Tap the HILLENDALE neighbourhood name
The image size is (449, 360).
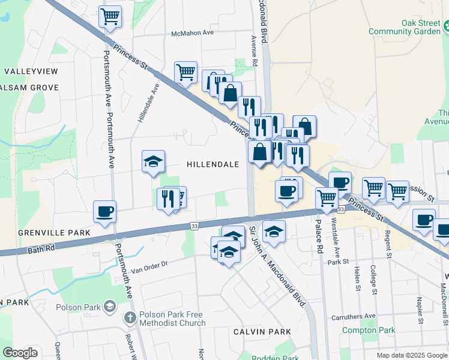coord(212,164)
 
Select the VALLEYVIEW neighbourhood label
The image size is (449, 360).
coord(31,71)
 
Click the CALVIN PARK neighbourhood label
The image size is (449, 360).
coord(262,332)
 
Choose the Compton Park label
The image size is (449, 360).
coord(369,330)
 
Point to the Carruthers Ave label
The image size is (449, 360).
coord(354,316)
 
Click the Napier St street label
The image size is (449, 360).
coord(419,305)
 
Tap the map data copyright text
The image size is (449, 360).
coord(412,355)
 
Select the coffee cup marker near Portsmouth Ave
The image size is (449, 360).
coord(105,212)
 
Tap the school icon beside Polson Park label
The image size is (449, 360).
coord(109,307)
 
